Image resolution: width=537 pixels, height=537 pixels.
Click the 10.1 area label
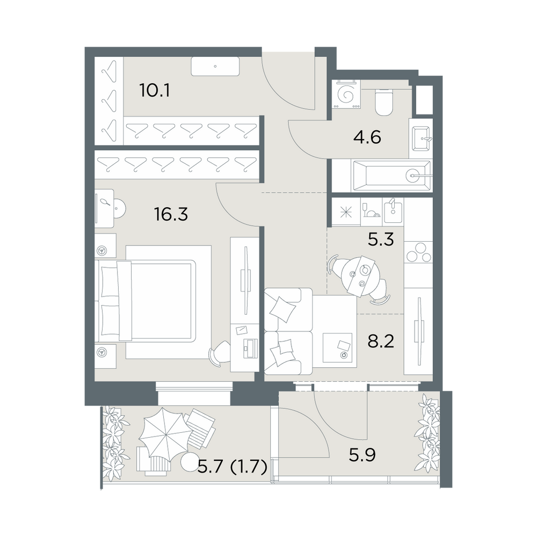155,91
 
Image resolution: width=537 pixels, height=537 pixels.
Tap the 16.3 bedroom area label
171,214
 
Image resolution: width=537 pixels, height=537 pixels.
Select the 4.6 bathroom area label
367,137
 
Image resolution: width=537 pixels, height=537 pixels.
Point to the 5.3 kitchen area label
381,240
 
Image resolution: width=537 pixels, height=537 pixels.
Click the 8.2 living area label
381,341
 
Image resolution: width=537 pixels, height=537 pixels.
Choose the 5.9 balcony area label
362,455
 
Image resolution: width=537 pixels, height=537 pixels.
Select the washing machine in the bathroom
346,95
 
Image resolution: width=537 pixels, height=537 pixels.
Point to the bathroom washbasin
421,139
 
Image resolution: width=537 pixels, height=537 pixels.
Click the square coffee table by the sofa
338,347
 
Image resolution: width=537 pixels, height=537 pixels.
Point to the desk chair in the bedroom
219,353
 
